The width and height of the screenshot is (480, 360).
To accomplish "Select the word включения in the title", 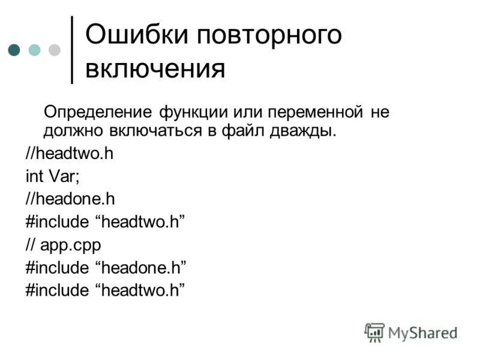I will coord(155,68).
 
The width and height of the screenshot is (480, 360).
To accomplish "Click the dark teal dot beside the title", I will coord(15,49).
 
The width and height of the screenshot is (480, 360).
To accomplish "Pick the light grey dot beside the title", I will coord(55,49).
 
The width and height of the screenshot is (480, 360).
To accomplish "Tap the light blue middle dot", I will coord(35,49).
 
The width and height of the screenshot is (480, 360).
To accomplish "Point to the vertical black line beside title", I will coord(73,49).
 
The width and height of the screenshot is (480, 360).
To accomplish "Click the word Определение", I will coord(98,112).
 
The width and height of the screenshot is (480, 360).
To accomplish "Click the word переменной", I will coord(315,112).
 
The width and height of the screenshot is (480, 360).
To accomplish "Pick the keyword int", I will coord(34,176).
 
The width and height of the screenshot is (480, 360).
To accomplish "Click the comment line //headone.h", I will coord(70,199).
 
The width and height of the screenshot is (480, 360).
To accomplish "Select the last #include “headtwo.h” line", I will coord(104,290).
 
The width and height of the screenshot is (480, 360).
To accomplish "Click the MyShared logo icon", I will coord(374,332).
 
